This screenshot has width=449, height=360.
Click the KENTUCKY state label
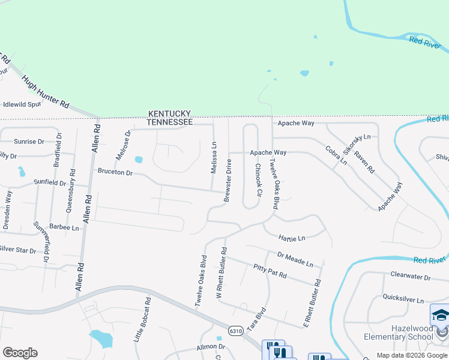click(170, 113)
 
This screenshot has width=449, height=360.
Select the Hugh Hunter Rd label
click(45, 92)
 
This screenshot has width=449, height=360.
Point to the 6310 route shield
click(237, 331)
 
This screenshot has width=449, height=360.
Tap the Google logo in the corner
click(20, 353)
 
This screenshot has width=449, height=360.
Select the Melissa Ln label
click(214, 158)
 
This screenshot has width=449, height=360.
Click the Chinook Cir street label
click(259, 181)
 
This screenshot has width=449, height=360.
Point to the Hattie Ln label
click(292, 238)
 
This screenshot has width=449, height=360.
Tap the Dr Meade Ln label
click(295, 259)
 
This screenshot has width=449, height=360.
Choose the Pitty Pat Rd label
click(270, 271)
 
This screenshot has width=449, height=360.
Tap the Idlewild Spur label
click(22, 104)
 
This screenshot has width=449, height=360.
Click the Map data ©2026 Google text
click(412, 355)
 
